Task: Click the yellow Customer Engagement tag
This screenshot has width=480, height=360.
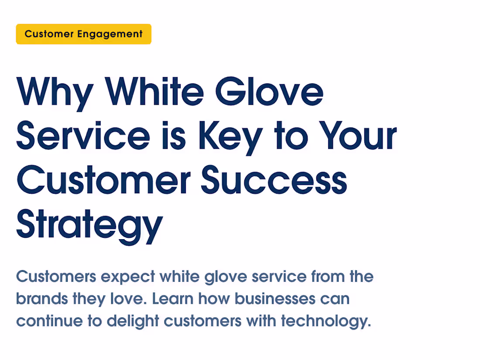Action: pos(83,34)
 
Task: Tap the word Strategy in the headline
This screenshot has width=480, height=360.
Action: pos(89,225)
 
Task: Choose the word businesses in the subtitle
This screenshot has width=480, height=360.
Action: pos(275,299)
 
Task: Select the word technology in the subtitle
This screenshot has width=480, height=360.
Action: pos(326,321)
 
